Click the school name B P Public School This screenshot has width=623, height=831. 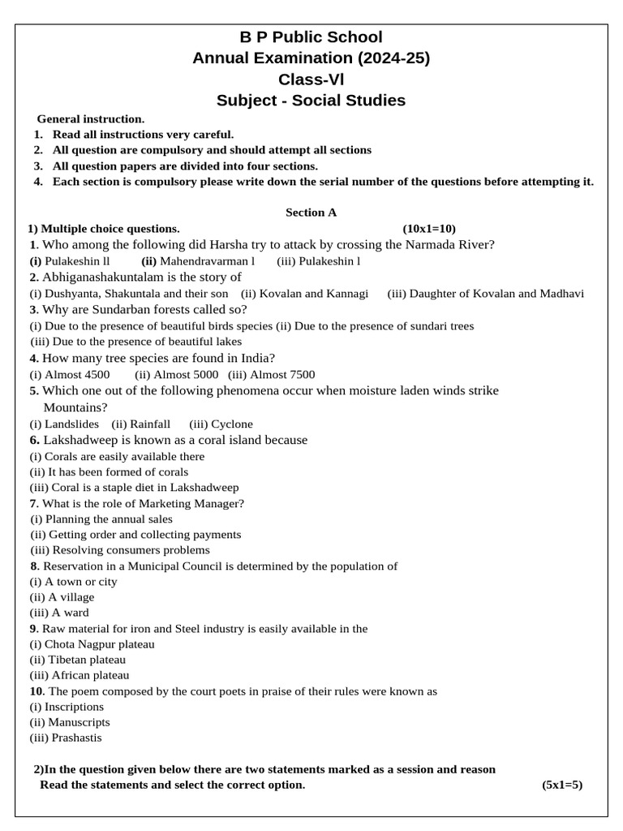311,37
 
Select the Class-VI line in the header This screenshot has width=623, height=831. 311,80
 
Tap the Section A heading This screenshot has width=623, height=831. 311,213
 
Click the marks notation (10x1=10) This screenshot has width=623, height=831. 429,229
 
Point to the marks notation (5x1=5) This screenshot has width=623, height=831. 562,785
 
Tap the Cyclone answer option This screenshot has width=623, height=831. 231,424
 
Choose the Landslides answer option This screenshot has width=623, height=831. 71,424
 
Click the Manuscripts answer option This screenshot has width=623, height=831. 79,722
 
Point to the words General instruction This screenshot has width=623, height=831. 91,118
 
